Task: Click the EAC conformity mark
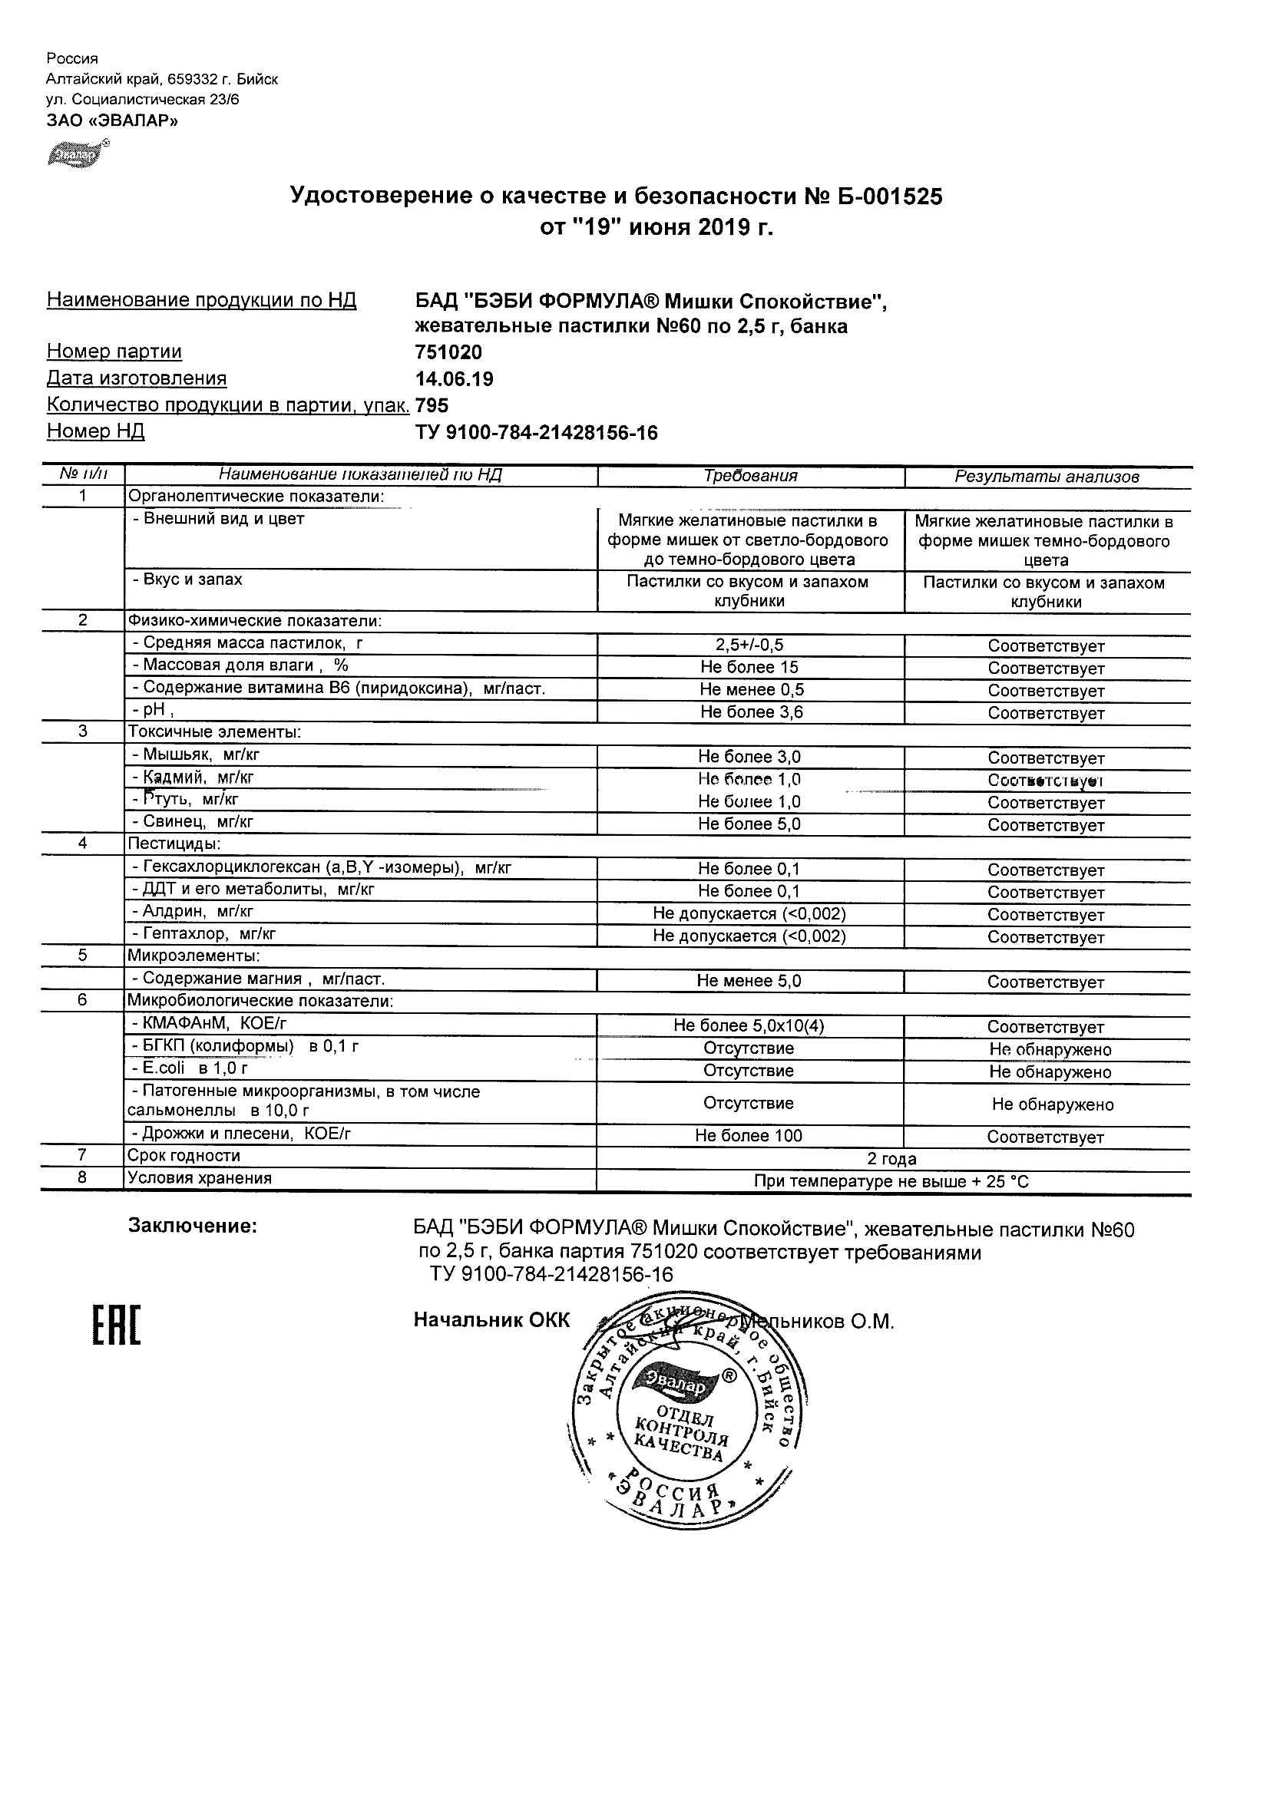(x=117, y=1325)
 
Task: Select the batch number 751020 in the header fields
(x=448, y=352)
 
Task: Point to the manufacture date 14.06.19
(x=454, y=379)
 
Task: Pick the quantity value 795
(x=432, y=405)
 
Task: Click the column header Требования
(x=750, y=476)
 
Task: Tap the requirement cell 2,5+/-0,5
(x=749, y=645)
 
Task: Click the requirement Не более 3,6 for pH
(x=751, y=711)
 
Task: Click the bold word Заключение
(x=193, y=1226)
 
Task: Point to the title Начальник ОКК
(x=491, y=1320)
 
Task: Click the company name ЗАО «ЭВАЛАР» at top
(x=112, y=121)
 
